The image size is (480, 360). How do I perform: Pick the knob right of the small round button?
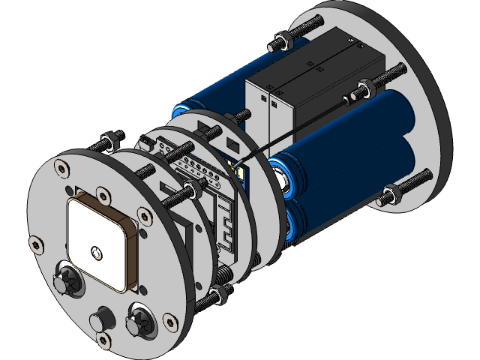click(140, 320)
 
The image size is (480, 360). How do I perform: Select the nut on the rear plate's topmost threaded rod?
click(283, 42)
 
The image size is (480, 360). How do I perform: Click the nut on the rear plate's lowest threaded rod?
click(391, 195)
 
